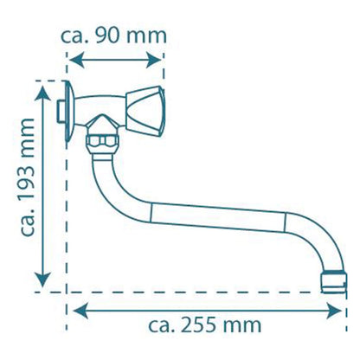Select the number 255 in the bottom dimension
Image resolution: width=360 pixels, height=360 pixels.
tap(199, 325)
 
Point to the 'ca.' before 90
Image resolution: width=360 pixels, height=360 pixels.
tap(75, 37)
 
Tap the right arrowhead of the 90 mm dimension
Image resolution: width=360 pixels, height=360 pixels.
tap(154, 61)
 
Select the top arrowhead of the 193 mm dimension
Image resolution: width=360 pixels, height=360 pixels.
tap(42, 93)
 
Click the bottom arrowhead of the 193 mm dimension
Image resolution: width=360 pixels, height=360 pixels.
tap(42, 280)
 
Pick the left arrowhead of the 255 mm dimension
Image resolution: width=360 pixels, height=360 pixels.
tap(80, 311)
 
